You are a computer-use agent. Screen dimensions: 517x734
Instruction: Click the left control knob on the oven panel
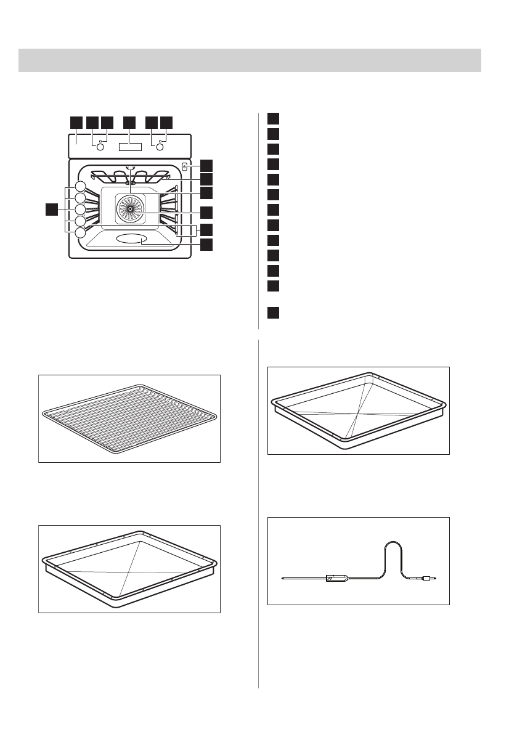[x=100, y=148]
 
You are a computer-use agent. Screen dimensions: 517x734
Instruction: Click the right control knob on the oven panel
[x=160, y=148]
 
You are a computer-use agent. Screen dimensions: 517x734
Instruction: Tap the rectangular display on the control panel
[x=129, y=148]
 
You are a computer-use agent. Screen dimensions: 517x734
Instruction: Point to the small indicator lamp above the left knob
[x=100, y=142]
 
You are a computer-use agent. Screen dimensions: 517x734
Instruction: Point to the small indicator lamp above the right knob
[x=160, y=142]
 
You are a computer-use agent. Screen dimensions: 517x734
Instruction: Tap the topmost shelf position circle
[x=81, y=186]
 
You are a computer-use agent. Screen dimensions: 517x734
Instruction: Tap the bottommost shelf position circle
[x=81, y=233]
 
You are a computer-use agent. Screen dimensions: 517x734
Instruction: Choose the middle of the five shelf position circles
[x=81, y=210]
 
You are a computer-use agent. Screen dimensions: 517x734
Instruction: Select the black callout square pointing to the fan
[x=206, y=213]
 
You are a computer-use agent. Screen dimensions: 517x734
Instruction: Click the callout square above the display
[x=129, y=122]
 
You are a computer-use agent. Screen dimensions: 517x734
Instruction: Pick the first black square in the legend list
[x=274, y=119]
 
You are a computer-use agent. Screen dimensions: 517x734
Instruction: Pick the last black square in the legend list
[x=274, y=312]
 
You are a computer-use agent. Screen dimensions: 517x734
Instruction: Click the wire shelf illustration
[x=129, y=418]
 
